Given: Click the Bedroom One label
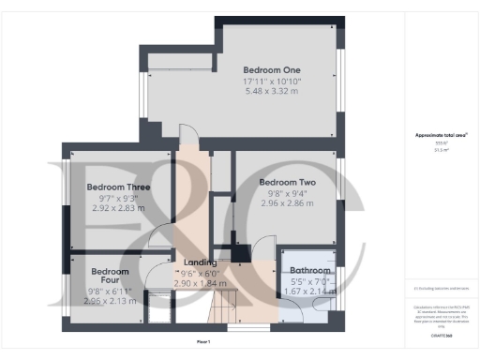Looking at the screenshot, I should click(x=272, y=69).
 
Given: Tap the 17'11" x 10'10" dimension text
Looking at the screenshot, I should click(x=272, y=82).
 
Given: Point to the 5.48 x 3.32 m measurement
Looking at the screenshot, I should click(x=272, y=91).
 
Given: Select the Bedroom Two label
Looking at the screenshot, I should click(x=285, y=182).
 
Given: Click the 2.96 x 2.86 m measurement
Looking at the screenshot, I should click(x=285, y=203).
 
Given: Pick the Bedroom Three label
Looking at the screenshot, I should click(x=118, y=187).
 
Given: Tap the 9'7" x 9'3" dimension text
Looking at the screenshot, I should click(x=118, y=199).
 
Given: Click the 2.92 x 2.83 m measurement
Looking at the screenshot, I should click(x=118, y=208).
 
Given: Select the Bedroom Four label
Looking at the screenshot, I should click(x=110, y=277).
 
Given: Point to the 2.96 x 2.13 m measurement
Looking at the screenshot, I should click(x=110, y=302).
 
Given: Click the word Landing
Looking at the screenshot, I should click(x=200, y=262).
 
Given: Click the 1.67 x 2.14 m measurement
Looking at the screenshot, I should click(x=308, y=292).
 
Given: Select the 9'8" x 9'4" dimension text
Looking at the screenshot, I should click(x=285, y=193).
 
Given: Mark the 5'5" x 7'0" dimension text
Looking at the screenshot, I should click(x=308, y=281).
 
